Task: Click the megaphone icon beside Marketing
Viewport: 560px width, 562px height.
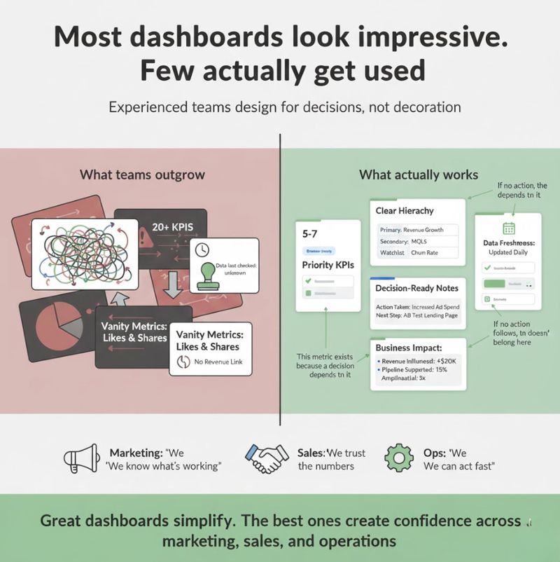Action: coord(82,459)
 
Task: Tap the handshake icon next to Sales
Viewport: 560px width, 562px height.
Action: coord(266,459)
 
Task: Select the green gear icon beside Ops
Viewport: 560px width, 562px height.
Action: coord(399,459)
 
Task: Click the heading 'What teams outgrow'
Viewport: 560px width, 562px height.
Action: coord(142,174)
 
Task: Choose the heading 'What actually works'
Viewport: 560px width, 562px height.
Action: coord(419,174)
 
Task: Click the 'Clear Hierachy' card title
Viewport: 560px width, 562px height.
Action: coord(405,210)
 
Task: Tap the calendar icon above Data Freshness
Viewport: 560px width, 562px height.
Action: coord(509,228)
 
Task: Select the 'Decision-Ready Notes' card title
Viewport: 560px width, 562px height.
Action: coord(417,288)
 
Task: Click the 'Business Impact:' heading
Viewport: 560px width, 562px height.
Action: coord(408,348)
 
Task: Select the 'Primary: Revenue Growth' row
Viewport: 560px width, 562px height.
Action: coord(417,229)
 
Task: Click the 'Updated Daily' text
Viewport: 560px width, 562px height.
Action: coord(509,252)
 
